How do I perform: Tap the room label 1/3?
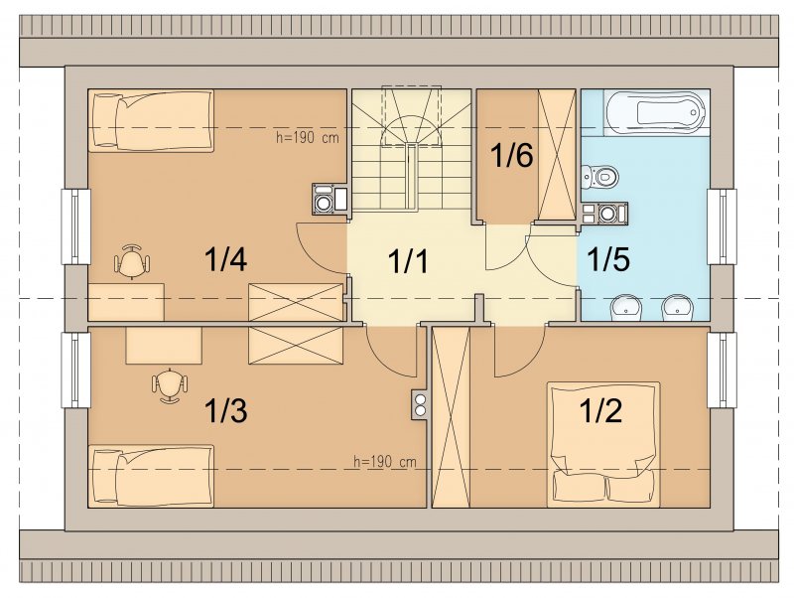pos(225,410)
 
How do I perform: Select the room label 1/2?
pos(600,410)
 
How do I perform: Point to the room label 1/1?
pos(408,261)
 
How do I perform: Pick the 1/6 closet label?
pos(512,155)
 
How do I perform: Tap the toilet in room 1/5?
pos(600,177)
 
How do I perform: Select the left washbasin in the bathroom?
pos(626,308)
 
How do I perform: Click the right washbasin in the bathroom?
pos(677,308)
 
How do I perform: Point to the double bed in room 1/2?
pos(603,444)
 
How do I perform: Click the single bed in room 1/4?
pos(151,120)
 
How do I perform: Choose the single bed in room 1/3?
pos(151,476)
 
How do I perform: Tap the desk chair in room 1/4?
pos(132,261)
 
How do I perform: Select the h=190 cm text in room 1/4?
pos(308,138)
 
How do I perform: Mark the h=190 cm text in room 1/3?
pos(385,462)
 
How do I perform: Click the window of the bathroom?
pos(722,226)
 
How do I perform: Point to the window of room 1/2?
pos(722,370)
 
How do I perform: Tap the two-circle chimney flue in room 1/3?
pos(420,404)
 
